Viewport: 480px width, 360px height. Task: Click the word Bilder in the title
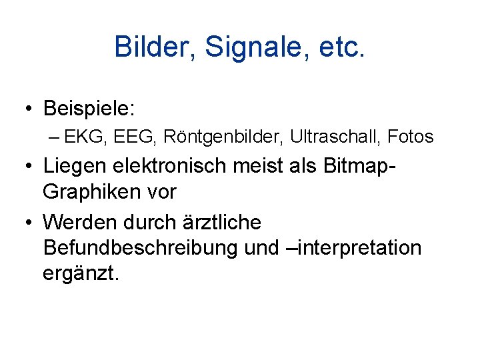(x=153, y=47)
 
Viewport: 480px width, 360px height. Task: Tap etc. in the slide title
(x=340, y=47)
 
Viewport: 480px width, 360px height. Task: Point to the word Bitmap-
(x=361, y=166)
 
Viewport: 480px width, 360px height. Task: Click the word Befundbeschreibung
(x=140, y=248)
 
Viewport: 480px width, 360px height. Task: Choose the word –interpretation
(x=353, y=248)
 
